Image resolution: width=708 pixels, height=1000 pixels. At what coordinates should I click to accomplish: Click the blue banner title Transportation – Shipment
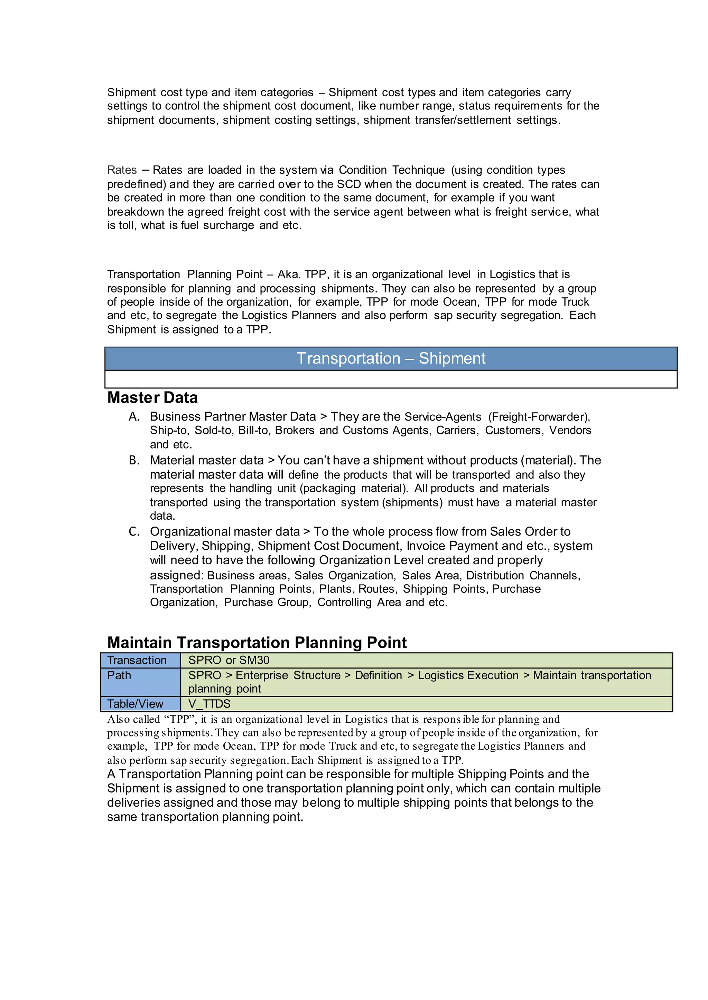click(391, 358)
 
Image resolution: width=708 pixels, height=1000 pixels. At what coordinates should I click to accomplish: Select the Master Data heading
click(152, 398)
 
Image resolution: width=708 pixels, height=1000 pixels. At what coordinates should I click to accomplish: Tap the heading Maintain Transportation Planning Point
click(257, 643)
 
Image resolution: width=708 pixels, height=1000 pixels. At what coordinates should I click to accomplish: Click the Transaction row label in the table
click(137, 660)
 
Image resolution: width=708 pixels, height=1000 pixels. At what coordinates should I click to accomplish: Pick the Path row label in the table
click(119, 675)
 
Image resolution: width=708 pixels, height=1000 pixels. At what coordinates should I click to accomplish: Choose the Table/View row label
click(135, 704)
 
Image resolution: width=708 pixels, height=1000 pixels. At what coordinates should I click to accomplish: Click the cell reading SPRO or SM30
click(229, 660)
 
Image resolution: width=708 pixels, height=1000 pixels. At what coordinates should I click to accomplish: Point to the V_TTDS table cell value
click(209, 704)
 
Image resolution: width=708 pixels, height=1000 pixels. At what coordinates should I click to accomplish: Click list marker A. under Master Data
click(134, 417)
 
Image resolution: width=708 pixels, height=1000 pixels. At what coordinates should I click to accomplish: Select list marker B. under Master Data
click(134, 460)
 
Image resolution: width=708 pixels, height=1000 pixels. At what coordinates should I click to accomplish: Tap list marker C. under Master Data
click(134, 532)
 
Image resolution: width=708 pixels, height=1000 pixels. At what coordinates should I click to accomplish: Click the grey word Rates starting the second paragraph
click(122, 170)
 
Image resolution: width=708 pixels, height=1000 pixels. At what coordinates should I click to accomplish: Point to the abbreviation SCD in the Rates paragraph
click(349, 184)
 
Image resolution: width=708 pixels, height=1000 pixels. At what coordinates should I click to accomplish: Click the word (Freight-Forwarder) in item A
click(539, 417)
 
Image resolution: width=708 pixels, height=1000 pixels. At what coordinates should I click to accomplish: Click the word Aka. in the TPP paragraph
click(288, 275)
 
